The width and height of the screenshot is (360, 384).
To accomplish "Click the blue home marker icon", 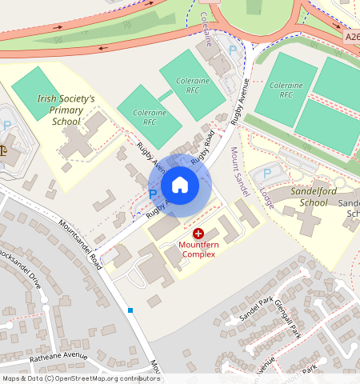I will coord(180,185).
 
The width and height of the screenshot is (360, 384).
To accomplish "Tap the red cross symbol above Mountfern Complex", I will coord(198,233).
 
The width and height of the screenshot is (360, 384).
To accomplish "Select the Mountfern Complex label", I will coord(198,249).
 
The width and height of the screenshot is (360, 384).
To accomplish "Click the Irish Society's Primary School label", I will coord(66,110).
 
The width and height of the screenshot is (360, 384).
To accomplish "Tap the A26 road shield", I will coord(353,37).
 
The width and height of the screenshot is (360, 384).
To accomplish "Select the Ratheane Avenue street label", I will coord(58,356).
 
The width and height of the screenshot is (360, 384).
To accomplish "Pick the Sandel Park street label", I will coord(256,310).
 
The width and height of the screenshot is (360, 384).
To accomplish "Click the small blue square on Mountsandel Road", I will coord(130,310).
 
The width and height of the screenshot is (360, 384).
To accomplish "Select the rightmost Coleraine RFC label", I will coord(286,90).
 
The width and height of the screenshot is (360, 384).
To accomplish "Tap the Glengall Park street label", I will coord(286,317).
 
